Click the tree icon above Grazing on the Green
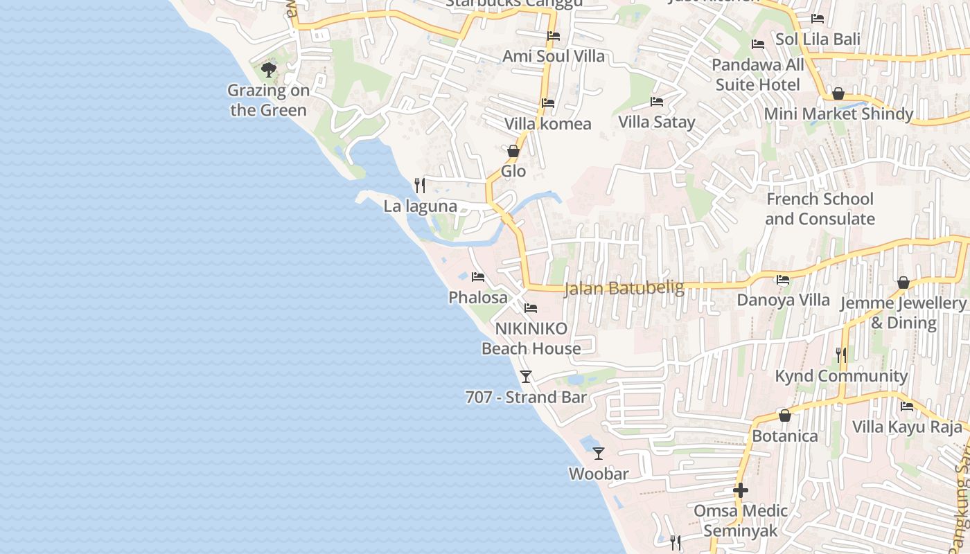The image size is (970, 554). pos(268,69)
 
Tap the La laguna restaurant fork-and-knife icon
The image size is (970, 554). pos(419,185)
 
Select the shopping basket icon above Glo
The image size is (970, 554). pos(513,150)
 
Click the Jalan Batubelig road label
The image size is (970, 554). pos(624,287)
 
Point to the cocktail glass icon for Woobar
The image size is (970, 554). pos(599,453)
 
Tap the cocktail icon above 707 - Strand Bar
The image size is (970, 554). pos(526,376)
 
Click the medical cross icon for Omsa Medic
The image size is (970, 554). pos(741,490)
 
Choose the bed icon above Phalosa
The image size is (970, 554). pos(477,277)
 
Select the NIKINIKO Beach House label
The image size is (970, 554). pos(531,338)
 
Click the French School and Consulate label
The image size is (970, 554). pos(820,209)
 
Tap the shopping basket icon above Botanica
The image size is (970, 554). pos(785,415)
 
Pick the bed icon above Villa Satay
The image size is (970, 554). pos(656,102)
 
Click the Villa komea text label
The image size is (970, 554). pos(547,124)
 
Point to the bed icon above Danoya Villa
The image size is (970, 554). pos(783,280)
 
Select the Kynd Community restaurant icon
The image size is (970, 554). pos(841,355)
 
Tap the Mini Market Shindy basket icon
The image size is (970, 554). pos(838,93)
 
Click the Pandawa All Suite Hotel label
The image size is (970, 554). pos(758,75)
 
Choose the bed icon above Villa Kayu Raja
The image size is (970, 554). pos(907,406)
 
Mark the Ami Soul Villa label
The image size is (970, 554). pos(554,56)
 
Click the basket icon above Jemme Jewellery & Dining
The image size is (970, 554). pos(903,283)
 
